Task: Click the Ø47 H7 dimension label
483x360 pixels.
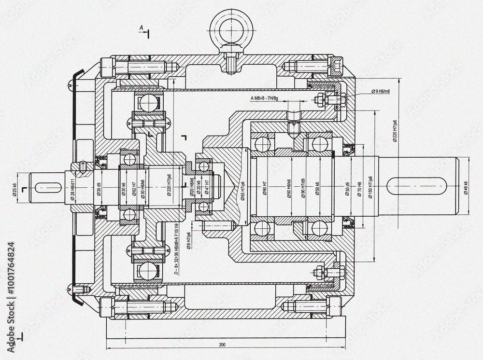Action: click(207, 187)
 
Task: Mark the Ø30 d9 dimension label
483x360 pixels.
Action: click(99, 190)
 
